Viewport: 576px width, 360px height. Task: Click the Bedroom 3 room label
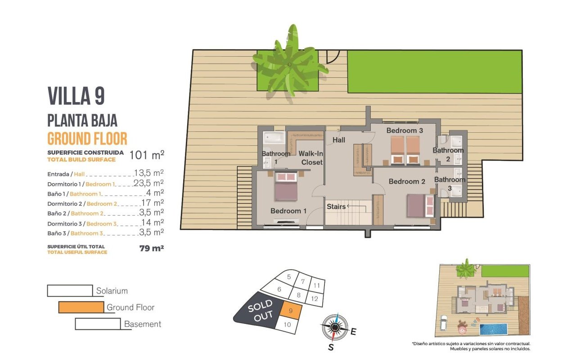(x=405, y=130)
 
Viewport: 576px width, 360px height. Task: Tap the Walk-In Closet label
(x=310, y=158)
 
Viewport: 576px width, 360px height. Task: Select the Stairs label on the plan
(x=336, y=207)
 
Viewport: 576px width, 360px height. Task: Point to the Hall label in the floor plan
(x=339, y=140)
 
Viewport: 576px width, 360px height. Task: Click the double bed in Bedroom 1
(x=286, y=186)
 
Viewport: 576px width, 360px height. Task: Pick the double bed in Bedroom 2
(x=420, y=206)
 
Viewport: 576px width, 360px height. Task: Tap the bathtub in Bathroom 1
(x=274, y=138)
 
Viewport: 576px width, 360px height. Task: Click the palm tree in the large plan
(x=290, y=64)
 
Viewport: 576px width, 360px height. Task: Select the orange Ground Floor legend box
(x=81, y=307)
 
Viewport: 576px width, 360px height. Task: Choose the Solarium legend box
(x=70, y=291)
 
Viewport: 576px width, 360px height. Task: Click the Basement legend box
(x=98, y=324)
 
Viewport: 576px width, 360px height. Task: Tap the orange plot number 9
(x=291, y=310)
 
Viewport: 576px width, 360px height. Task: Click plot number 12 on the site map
(x=315, y=299)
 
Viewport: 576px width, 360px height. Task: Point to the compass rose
(x=334, y=327)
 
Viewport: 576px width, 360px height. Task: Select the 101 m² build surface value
(x=147, y=155)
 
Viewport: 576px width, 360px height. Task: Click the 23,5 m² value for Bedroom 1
(x=148, y=183)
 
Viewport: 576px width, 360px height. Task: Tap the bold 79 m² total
(x=152, y=248)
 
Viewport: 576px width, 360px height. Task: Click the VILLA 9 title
(x=76, y=96)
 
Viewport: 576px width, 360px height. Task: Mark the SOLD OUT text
(x=261, y=310)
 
